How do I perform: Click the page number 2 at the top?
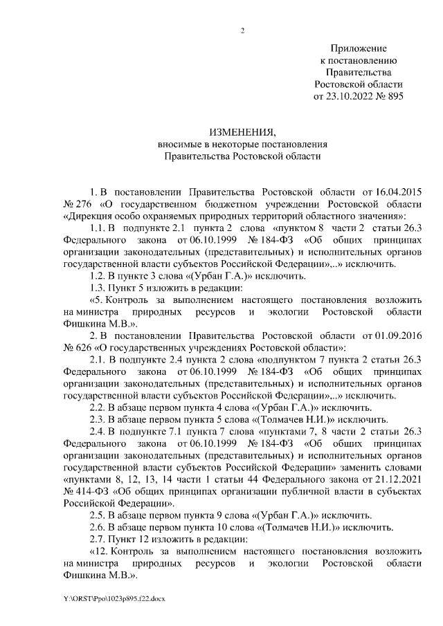242,30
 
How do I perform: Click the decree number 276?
85,203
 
